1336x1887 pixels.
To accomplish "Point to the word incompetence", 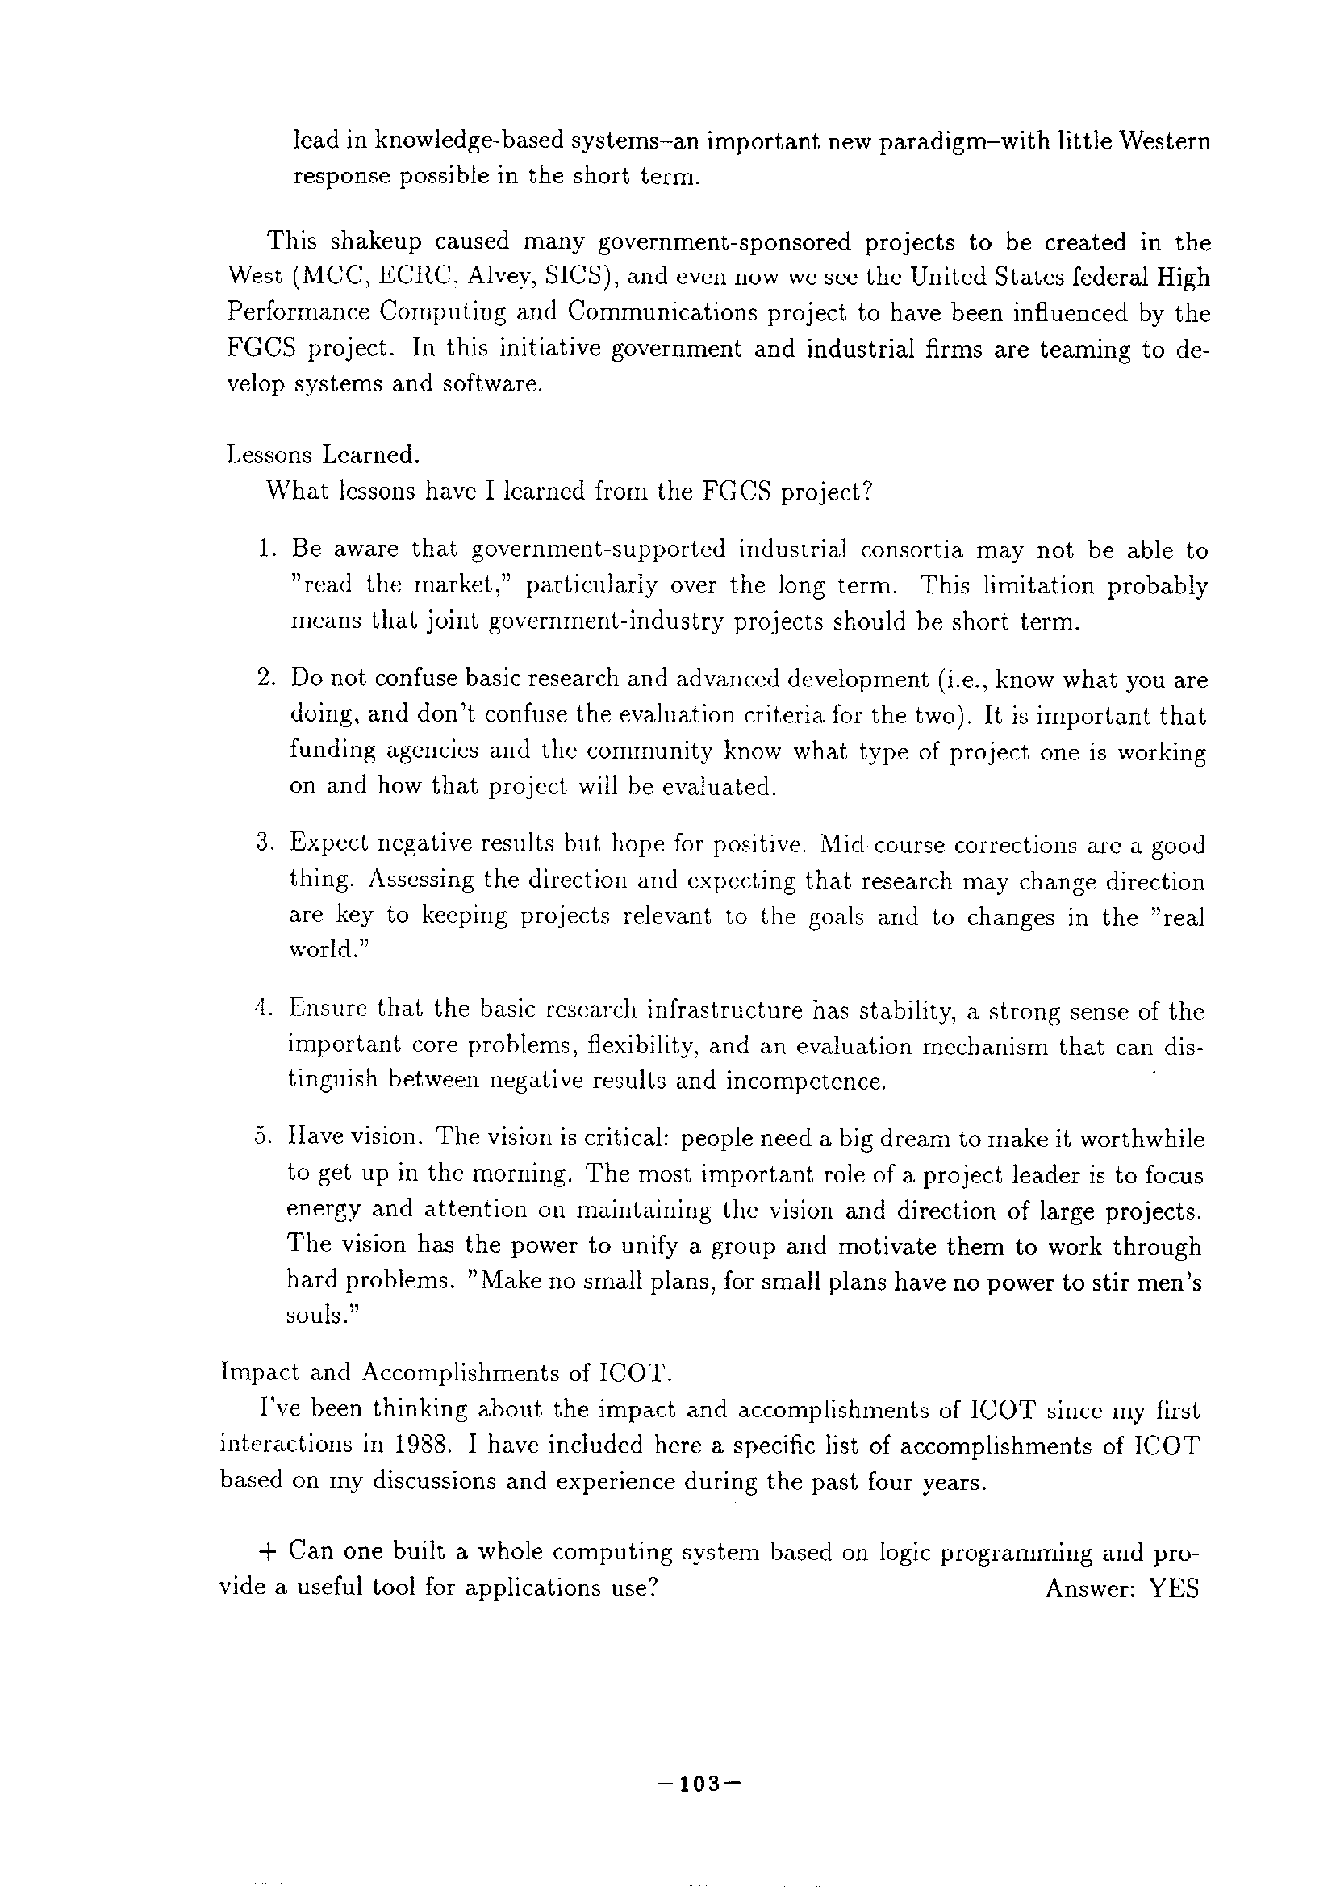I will click(x=805, y=1081).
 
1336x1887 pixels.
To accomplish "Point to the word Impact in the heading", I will click(x=257, y=1373).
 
